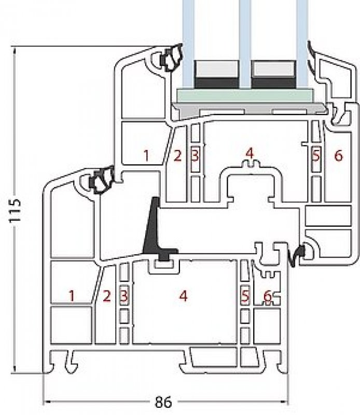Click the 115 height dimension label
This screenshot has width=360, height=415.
pyautogui.click(x=17, y=211)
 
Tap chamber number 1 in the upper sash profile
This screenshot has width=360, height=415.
pyautogui.click(x=146, y=155)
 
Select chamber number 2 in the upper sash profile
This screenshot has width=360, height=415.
pyautogui.click(x=177, y=155)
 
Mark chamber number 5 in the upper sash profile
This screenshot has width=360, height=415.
pyautogui.click(x=314, y=155)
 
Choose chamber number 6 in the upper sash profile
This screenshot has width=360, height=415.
pyautogui.click(x=338, y=155)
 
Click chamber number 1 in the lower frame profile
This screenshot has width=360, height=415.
pyautogui.click(x=72, y=296)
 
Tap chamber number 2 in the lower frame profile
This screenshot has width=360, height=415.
pyautogui.click(x=107, y=296)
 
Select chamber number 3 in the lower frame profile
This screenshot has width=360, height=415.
pyautogui.click(x=123, y=296)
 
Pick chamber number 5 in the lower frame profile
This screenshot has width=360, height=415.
pyautogui.click(x=245, y=296)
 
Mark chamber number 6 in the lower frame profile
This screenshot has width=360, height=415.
pyautogui.click(x=268, y=296)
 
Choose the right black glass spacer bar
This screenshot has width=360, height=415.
pyautogui.click(x=273, y=82)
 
